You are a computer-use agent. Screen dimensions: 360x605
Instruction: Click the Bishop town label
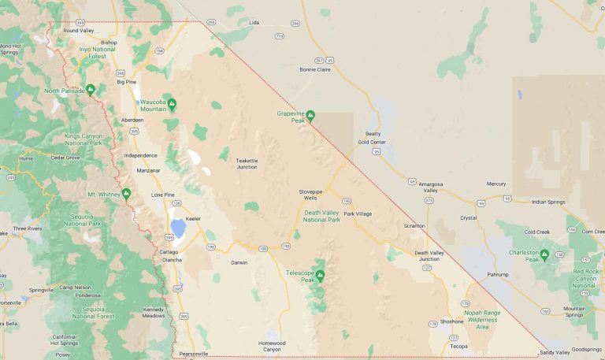pyautogui.click(x=109, y=42)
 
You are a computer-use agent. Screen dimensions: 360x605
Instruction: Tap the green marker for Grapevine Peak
pyautogui.click(x=310, y=115)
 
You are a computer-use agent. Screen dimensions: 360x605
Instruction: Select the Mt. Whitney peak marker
pyautogui.click(x=126, y=193)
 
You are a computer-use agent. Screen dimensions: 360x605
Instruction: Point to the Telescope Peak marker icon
pyautogui.click(x=320, y=275)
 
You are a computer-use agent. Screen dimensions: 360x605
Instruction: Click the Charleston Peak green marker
pyautogui.click(x=544, y=254)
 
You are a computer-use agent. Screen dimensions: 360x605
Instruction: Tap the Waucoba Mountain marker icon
pyautogui.click(x=172, y=104)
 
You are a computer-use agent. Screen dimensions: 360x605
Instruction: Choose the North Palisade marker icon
pyautogui.click(x=91, y=90)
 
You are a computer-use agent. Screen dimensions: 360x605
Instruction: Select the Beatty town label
pyautogui.click(x=372, y=134)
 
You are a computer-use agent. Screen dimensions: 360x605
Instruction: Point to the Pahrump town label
pyautogui.click(x=498, y=274)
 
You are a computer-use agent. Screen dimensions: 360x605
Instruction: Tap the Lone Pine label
pyautogui.click(x=163, y=195)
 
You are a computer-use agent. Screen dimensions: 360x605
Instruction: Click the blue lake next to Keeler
pyautogui.click(x=178, y=228)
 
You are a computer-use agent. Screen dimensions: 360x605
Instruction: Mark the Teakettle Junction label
pyautogui.click(x=247, y=164)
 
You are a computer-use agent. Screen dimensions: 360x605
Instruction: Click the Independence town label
pyautogui.click(x=141, y=155)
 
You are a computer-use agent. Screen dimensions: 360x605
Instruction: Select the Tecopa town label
pyautogui.click(x=458, y=346)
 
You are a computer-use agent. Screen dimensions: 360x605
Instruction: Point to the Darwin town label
pyautogui.click(x=239, y=262)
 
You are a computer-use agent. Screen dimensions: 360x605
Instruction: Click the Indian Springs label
pyautogui.click(x=548, y=202)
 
